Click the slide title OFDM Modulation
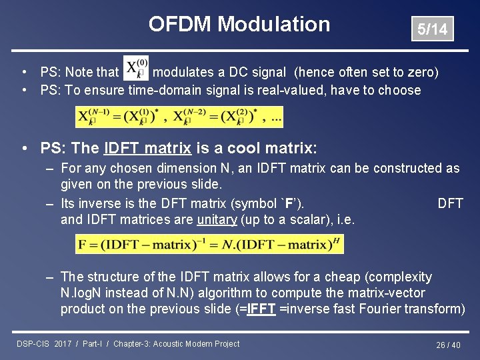point(239,24)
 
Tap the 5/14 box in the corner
point(432,29)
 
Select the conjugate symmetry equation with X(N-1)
point(179,117)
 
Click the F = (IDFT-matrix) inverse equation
point(209,244)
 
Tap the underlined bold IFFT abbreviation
point(261,309)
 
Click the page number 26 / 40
point(447,345)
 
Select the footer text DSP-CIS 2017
point(43,344)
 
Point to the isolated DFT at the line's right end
point(450,203)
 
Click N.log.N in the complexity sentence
point(87,293)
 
